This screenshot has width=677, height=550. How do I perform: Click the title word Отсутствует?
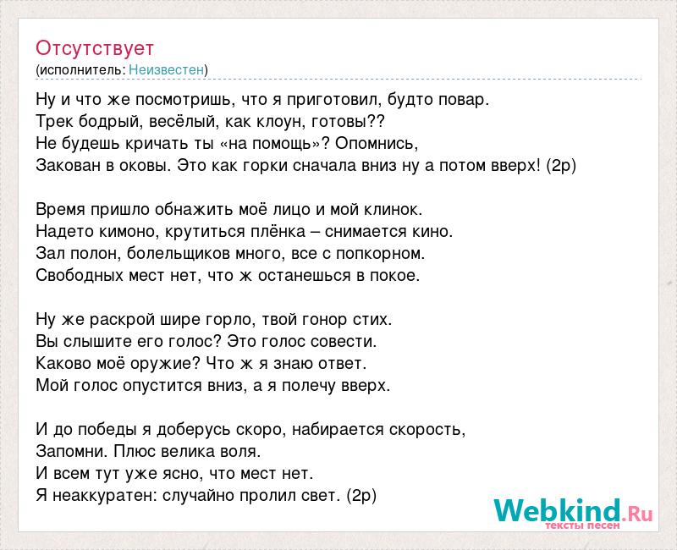(95, 48)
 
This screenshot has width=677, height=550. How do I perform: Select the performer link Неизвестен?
(166, 70)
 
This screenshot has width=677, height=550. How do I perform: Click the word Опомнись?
(377, 144)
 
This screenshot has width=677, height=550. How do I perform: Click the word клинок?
(393, 210)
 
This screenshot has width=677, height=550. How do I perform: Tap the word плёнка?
(279, 232)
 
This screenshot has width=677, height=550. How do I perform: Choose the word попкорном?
(380, 254)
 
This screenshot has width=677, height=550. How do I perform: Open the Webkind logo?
(573, 510)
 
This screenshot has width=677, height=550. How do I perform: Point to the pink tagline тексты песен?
(582, 525)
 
